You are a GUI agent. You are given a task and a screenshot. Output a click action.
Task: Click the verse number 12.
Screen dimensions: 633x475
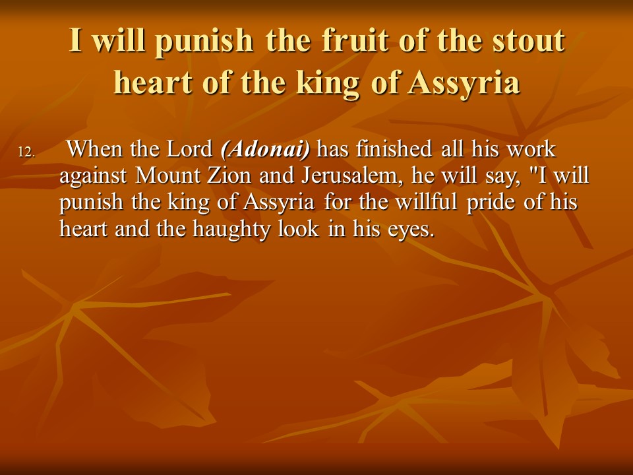tap(27, 152)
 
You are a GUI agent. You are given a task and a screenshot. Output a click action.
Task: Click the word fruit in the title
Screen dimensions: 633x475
tap(355, 40)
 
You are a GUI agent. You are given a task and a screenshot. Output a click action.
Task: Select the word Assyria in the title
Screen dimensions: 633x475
tap(464, 83)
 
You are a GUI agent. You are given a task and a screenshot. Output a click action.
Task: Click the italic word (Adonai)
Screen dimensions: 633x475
tap(265, 150)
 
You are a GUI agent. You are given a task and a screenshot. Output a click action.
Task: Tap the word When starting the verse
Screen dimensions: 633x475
tap(94, 148)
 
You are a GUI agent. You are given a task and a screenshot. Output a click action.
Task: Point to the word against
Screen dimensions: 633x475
tap(93, 176)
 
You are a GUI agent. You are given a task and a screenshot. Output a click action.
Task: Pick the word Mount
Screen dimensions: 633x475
tap(167, 175)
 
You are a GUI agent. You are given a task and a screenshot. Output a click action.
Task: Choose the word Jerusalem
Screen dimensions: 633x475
tap(351, 175)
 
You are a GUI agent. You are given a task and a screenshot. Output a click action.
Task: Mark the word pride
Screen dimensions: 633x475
tap(491, 203)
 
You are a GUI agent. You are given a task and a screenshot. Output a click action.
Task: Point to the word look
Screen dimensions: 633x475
tap(299, 228)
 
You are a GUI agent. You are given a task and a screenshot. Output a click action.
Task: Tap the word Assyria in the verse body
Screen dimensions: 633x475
tap(278, 203)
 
